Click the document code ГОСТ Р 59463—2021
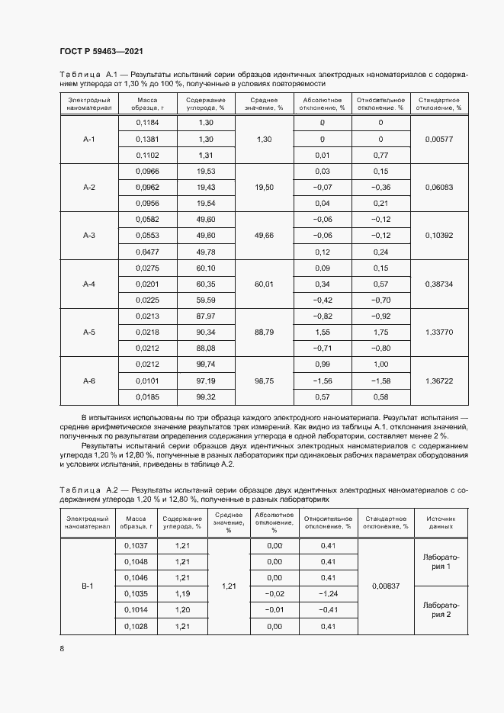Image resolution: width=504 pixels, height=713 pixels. click(101, 50)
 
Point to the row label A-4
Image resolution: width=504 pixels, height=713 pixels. click(89, 284)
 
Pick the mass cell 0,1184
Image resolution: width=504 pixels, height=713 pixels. click(147, 122)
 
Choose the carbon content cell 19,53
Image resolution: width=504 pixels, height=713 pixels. click(205, 171)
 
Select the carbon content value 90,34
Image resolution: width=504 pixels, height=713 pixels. click(205, 332)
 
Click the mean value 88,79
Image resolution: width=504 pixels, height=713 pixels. click(264, 332)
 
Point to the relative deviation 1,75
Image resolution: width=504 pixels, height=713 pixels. click(380, 332)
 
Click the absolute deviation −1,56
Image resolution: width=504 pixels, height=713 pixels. click(322, 381)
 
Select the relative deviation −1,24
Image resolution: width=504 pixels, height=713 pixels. click(328, 593)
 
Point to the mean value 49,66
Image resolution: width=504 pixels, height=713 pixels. click(264, 236)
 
